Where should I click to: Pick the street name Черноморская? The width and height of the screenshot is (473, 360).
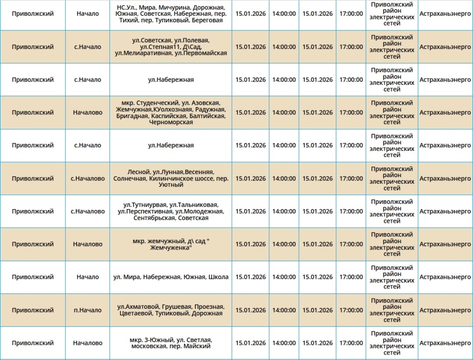click(x=170, y=122)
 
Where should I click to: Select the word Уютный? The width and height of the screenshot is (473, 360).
click(x=170, y=185)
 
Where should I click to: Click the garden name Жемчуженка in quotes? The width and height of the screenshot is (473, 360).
click(x=170, y=248)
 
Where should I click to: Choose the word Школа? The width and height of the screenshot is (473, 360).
click(x=218, y=277)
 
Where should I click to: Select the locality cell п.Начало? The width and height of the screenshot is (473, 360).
click(x=88, y=310)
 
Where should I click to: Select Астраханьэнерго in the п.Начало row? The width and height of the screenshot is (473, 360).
click(x=445, y=310)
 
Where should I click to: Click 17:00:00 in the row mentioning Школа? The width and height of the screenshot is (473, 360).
click(x=351, y=277)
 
